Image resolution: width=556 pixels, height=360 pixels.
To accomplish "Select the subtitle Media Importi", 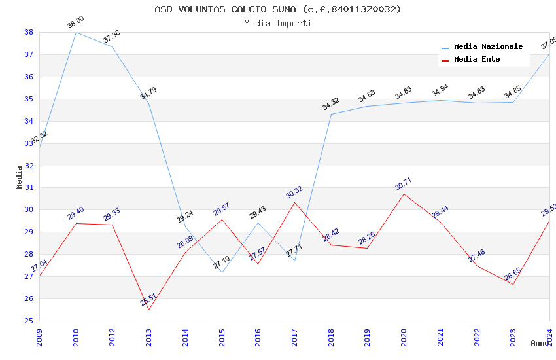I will pyautogui.click(x=278, y=23).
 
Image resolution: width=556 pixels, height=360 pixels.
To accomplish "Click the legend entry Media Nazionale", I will pyautogui.click(x=488, y=46).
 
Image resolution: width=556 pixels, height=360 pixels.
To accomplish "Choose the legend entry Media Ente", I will pyautogui.click(x=477, y=59).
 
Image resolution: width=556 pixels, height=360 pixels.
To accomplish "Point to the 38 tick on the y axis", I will pyautogui.click(x=29, y=32).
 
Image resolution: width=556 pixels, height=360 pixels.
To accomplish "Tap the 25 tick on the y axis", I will pyautogui.click(x=29, y=321).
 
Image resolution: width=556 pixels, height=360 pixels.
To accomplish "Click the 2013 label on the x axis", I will pyautogui.click(x=149, y=337).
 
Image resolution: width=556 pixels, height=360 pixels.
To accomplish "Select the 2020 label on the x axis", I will pyautogui.click(x=404, y=337).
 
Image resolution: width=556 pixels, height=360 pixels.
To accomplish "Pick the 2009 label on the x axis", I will pyautogui.click(x=40, y=337).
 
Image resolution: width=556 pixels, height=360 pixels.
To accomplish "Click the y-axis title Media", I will pyautogui.click(x=20, y=177).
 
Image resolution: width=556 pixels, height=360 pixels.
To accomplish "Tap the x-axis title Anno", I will pyautogui.click(x=540, y=343).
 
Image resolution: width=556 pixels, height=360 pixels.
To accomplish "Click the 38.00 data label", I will pyautogui.click(x=76, y=22).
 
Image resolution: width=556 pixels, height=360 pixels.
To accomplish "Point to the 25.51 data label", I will pyautogui.click(x=148, y=300).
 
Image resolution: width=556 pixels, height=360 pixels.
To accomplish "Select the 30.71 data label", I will pyautogui.click(x=404, y=184).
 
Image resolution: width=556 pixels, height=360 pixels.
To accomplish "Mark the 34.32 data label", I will pyautogui.click(x=331, y=104).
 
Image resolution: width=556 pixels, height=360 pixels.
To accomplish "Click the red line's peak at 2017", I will pyautogui.click(x=294, y=202).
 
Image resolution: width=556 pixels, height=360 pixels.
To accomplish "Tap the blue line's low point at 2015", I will pyautogui.click(x=222, y=272).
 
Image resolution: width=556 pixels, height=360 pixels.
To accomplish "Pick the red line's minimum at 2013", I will pyautogui.click(x=149, y=310).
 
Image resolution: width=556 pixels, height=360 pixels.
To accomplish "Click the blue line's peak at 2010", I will pyautogui.click(x=77, y=32).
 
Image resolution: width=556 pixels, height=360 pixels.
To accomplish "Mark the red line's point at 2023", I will pyautogui.click(x=513, y=284).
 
